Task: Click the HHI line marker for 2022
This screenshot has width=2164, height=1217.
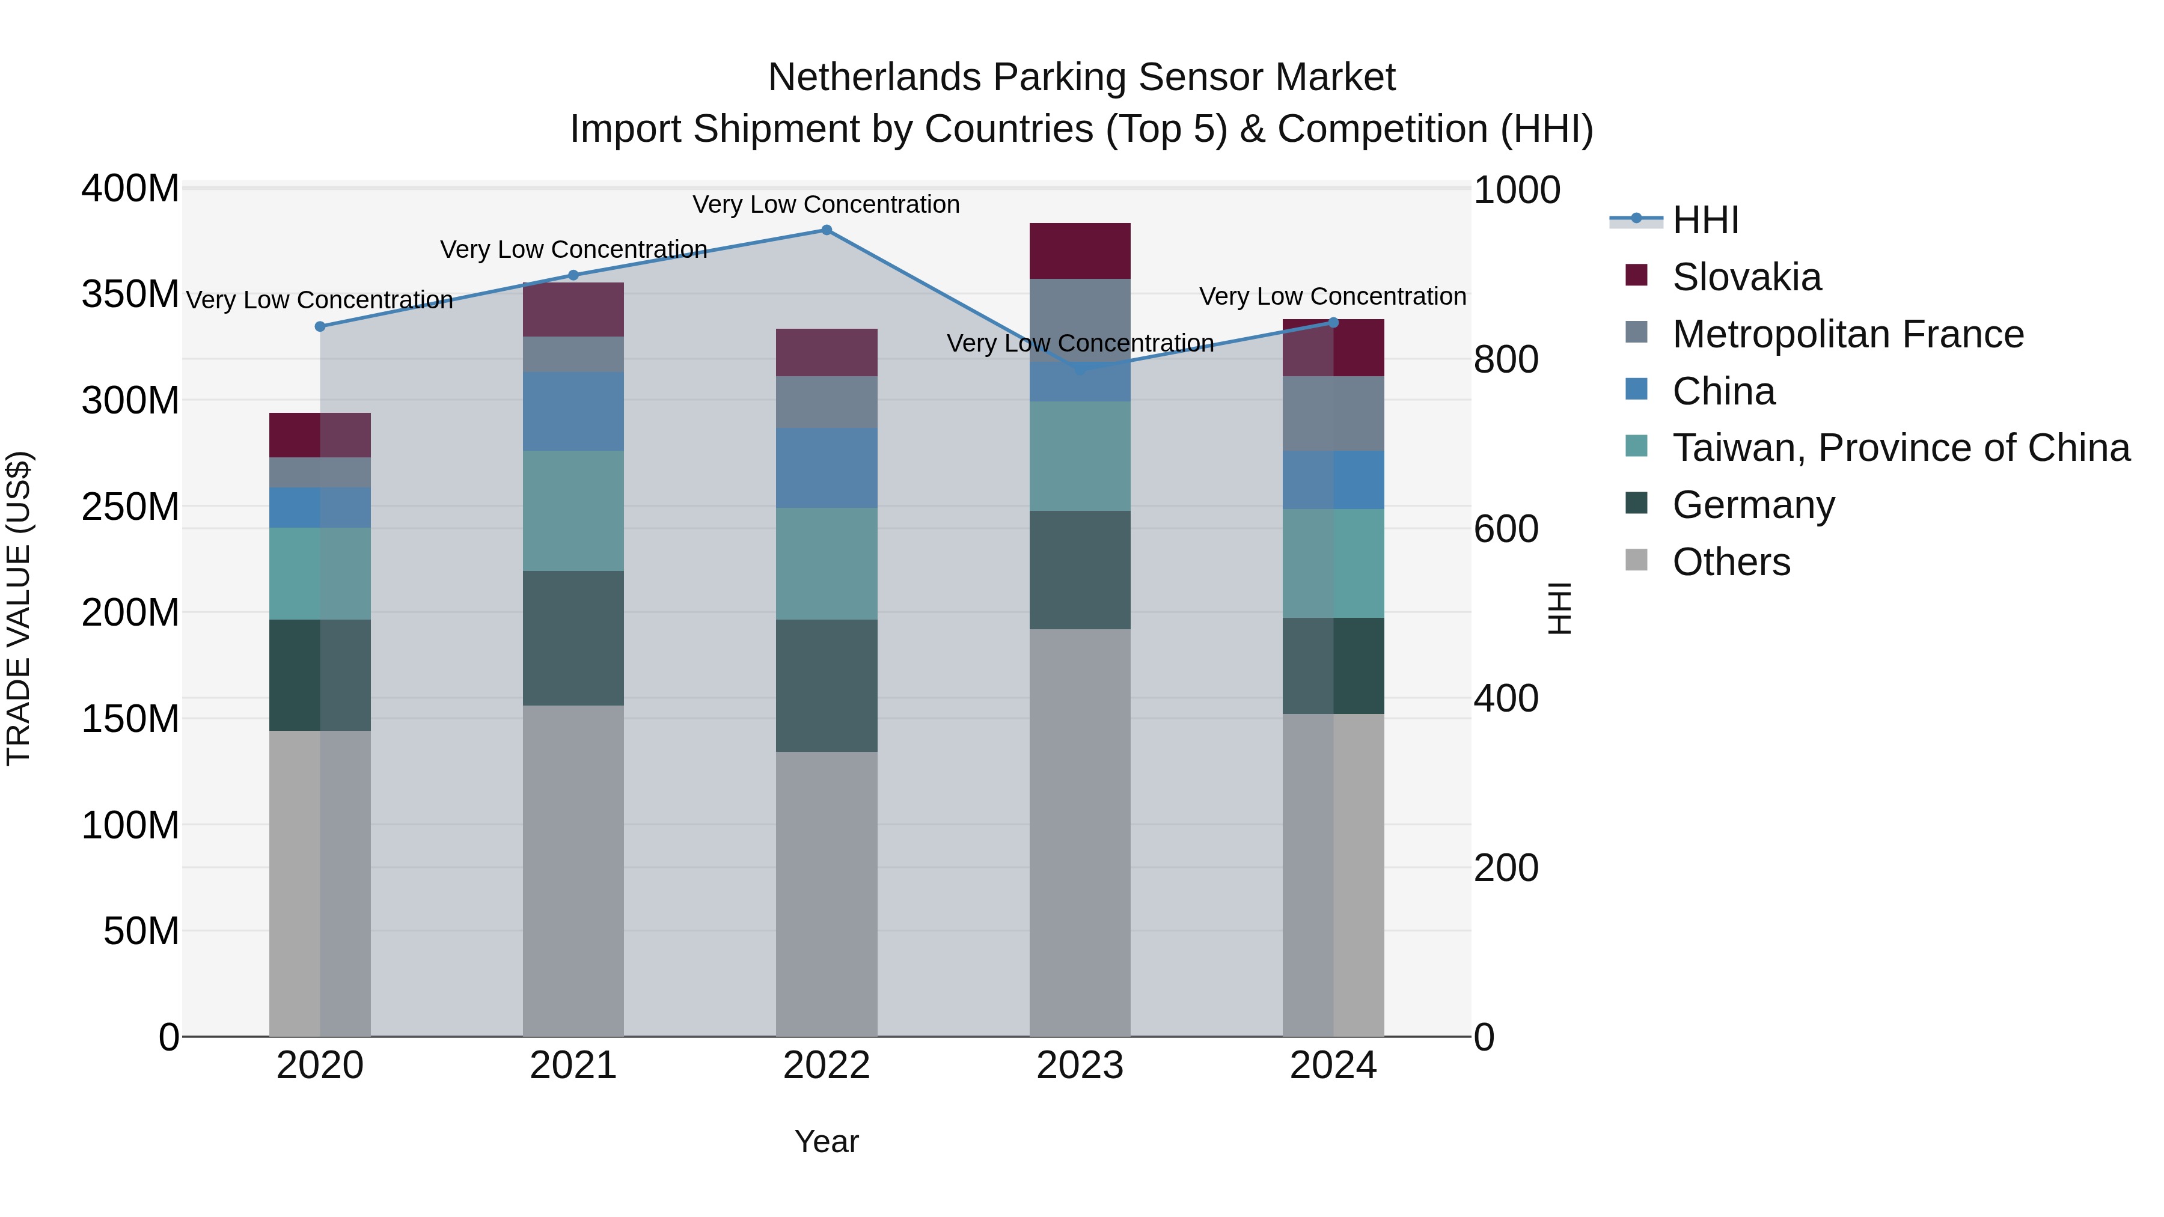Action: pos(826,230)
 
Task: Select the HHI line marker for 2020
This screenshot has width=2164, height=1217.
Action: pos(320,327)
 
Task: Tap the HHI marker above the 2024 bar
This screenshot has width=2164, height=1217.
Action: pos(1333,323)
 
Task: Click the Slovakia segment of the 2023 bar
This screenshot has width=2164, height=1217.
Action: pos(1080,251)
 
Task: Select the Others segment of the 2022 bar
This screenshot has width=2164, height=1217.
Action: pos(826,894)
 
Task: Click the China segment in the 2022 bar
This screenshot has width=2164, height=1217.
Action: pos(826,468)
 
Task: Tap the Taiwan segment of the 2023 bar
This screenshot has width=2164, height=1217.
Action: pos(1080,456)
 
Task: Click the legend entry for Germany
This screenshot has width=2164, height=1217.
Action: pos(1753,505)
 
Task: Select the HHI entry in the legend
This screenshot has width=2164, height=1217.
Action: pos(1705,220)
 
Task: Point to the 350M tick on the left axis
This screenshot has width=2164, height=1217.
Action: pos(130,295)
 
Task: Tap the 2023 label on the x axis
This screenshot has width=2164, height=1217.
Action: pos(1080,1066)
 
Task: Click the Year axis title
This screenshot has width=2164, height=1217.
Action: pos(826,1141)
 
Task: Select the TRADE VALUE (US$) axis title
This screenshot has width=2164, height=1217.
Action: pos(19,608)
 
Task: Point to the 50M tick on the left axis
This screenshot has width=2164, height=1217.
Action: pos(141,930)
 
